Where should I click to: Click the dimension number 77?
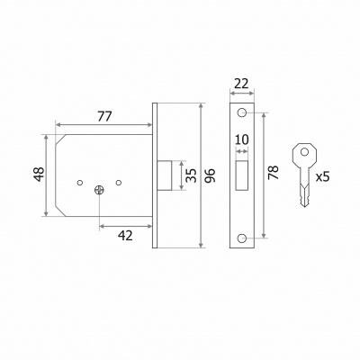coord(104,116)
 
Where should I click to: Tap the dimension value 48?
coord(39,175)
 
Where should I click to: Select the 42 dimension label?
coord(125,236)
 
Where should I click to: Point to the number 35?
coord(191,175)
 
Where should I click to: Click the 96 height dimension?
coord(210,175)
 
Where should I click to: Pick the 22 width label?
coord(241,84)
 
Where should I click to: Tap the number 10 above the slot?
coord(242,139)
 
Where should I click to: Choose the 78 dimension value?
coord(274,173)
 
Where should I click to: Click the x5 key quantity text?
coord(322,177)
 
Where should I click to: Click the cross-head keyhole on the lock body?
coord(99,190)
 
